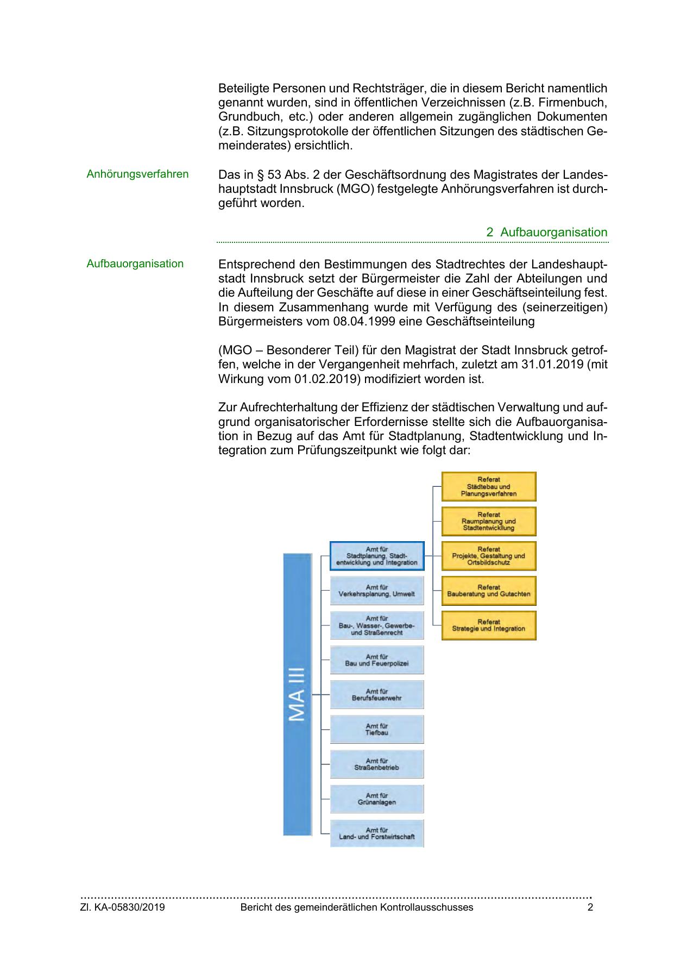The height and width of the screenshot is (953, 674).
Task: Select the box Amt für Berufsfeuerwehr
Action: click(376, 694)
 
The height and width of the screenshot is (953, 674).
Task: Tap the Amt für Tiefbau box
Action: click(376, 729)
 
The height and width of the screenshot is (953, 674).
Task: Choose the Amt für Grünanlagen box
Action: click(376, 799)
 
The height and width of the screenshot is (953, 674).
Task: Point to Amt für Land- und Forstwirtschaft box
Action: click(376, 833)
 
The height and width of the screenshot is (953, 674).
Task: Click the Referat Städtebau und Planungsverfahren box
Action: click(488, 486)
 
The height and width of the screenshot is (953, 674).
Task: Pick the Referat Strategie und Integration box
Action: click(488, 625)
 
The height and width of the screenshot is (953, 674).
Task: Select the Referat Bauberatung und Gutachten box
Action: click(488, 591)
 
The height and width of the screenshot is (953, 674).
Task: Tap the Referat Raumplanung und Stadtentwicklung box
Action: click(488, 521)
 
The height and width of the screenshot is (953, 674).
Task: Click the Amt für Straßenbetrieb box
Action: click(376, 764)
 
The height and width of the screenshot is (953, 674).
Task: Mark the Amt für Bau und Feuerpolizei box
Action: click(376, 660)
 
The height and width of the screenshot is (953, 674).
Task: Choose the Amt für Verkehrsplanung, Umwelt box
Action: click(376, 591)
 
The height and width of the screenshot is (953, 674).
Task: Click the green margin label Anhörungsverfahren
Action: click(137, 174)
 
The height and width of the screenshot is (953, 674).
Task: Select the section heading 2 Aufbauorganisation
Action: click(547, 233)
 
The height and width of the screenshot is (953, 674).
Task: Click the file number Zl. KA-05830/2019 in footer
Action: click(123, 907)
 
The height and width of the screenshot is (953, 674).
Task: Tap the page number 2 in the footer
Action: click(590, 907)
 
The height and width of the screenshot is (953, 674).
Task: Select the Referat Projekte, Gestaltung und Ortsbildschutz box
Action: click(488, 556)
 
